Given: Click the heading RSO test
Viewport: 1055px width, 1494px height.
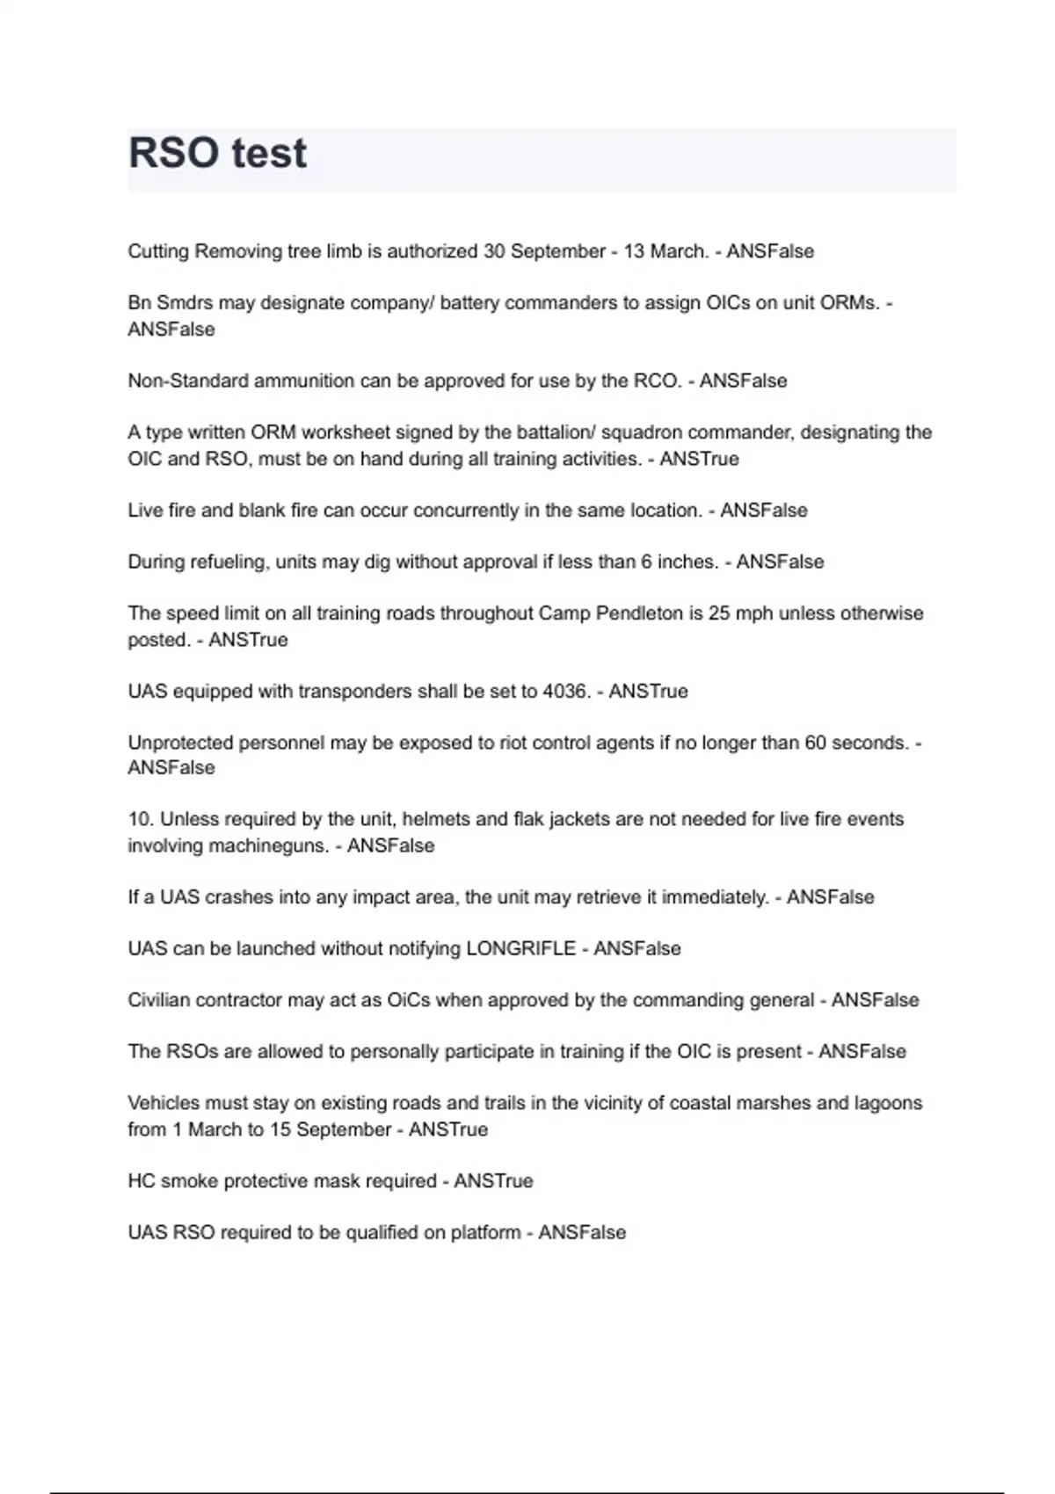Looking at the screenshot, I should pyautogui.click(x=217, y=154).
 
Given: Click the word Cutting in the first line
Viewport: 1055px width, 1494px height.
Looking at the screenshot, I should pyautogui.click(x=158, y=251).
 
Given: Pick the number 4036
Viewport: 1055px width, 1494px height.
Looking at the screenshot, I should pyautogui.click(x=566, y=691).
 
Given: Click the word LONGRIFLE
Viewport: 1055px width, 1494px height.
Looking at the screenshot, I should pyautogui.click(x=520, y=948).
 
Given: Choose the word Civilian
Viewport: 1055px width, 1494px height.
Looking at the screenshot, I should pyautogui.click(x=158, y=1000).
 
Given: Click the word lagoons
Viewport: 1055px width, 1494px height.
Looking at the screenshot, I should pyautogui.click(x=887, y=1103).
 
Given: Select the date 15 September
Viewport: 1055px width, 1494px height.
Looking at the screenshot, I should pyautogui.click(x=330, y=1129).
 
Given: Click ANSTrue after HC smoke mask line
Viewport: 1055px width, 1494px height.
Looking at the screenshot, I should pyautogui.click(x=493, y=1180).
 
